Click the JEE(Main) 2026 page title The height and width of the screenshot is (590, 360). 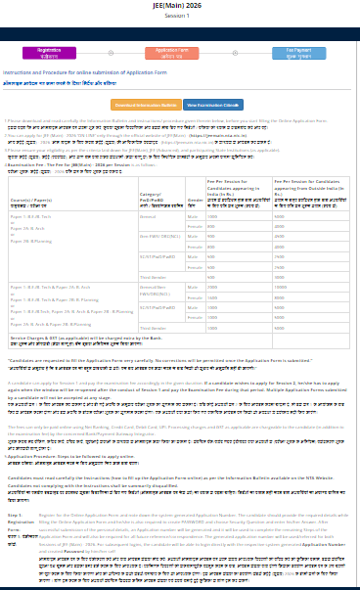181,6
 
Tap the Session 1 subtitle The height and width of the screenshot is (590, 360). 181,17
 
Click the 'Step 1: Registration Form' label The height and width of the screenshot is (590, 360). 17,520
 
